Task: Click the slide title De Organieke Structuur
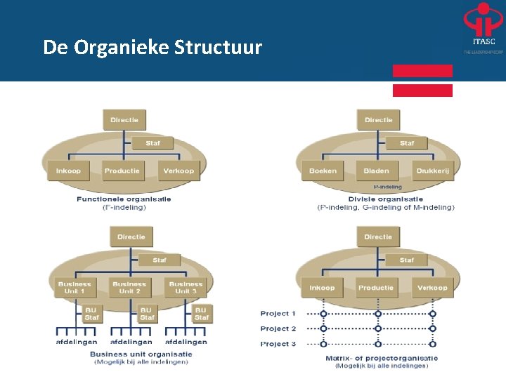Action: [x=152, y=48]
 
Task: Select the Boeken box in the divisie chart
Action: [x=323, y=171]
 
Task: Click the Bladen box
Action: [x=376, y=171]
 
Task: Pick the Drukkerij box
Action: [x=432, y=171]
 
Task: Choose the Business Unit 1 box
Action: [x=74, y=288]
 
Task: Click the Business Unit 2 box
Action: [x=129, y=288]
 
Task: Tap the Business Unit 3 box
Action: [x=186, y=288]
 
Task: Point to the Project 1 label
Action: [x=278, y=314]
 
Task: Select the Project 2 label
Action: [x=278, y=328]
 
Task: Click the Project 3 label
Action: [x=278, y=344]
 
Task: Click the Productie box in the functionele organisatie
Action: [x=122, y=171]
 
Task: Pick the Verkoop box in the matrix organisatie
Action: [x=432, y=288]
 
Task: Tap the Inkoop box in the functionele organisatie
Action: [x=68, y=171]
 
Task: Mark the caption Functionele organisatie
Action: [x=124, y=199]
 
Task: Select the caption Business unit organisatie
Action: [x=141, y=354]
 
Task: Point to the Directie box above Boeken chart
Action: [x=378, y=120]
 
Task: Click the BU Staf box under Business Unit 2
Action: [x=146, y=313]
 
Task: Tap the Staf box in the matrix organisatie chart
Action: [x=407, y=260]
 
